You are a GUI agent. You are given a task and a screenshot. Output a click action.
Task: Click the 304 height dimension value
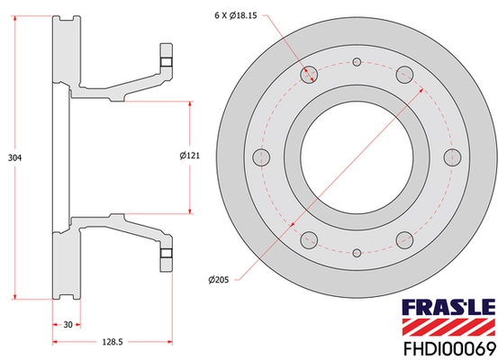coord(13,157)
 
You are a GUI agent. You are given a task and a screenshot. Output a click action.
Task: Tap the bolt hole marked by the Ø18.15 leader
coord(309,75)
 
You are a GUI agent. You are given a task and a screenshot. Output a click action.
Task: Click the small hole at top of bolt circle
coord(357,62)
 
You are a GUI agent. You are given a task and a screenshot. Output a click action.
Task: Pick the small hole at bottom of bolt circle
coord(357,253)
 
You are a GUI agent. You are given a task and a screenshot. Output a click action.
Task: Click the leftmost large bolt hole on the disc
coord(262,157)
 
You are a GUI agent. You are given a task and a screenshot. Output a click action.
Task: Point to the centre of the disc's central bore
coord(357,157)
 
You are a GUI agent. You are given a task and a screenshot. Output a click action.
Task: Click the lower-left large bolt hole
coord(309,239)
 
